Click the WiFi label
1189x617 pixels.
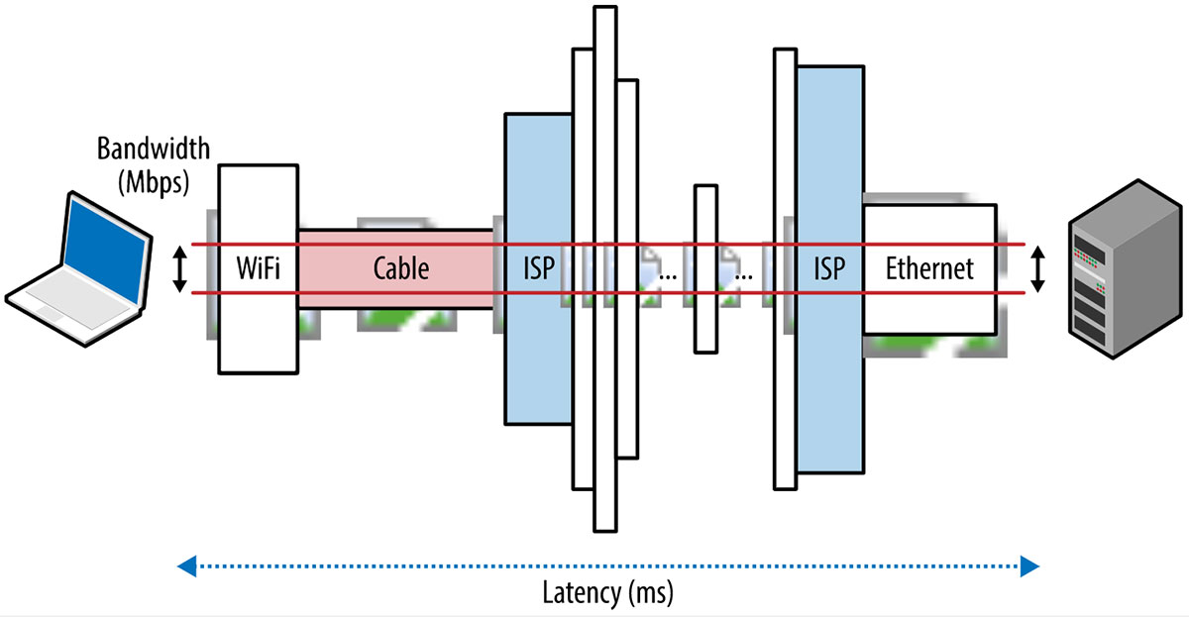coord(257,268)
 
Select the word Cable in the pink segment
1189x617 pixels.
coord(401,268)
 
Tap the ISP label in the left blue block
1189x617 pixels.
coord(539,268)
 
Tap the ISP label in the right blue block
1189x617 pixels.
coord(829,268)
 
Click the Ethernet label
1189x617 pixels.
coord(929,268)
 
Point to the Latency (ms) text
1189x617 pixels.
coord(608,594)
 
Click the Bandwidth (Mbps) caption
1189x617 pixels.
coord(154,164)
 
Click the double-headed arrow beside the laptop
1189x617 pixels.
coord(179,269)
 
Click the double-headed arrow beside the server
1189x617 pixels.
coord(1037,269)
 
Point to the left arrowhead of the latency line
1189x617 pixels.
coord(185,566)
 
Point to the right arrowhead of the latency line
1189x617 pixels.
coord(1030,566)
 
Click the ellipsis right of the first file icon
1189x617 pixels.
coord(668,275)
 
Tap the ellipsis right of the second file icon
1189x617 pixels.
coord(743,275)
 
